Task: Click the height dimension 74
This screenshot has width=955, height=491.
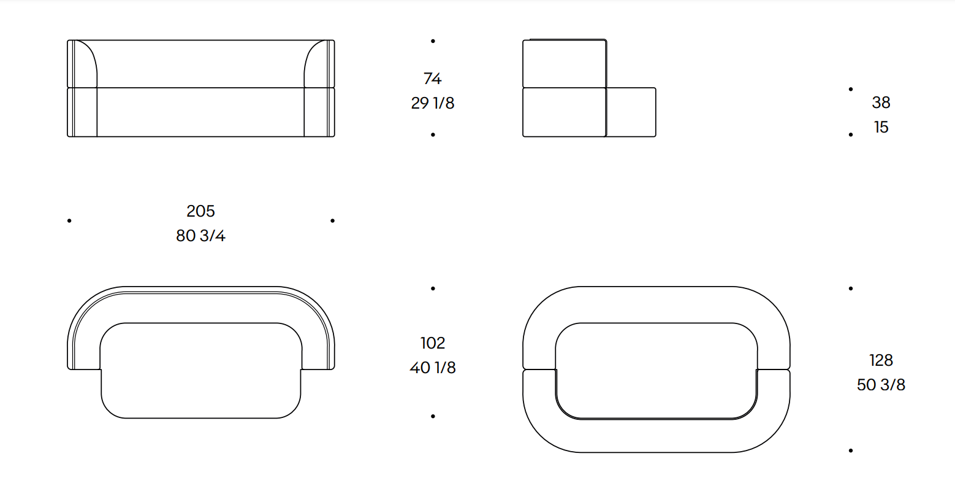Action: (432, 79)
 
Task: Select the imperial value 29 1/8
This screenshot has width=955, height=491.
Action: (432, 103)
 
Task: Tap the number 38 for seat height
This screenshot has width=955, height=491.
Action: (881, 102)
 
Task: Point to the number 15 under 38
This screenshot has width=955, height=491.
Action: (881, 127)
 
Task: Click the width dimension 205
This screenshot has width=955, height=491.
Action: (200, 211)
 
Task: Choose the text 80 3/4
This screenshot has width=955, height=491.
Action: (200, 236)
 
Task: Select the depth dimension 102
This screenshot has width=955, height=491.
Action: (432, 343)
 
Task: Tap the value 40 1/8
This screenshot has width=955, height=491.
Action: (432, 368)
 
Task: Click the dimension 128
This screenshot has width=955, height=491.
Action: (881, 360)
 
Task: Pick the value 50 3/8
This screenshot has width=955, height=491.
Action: (881, 385)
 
